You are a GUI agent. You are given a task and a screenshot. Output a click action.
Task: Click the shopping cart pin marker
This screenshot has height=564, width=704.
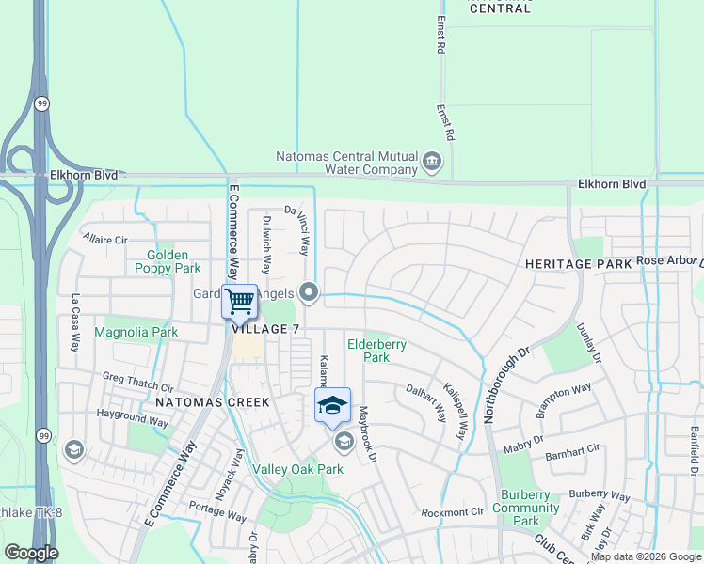[239, 301]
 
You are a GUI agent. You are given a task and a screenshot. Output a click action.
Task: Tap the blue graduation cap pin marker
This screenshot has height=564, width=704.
[331, 405]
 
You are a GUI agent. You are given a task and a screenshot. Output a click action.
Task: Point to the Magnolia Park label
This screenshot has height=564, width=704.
[136, 332]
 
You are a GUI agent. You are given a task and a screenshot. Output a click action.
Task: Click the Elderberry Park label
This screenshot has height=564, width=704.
[376, 351]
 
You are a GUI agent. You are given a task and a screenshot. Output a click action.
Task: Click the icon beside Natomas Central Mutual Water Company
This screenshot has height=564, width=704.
[432, 162]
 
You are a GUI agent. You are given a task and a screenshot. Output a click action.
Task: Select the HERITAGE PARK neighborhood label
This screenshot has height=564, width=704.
[578, 264]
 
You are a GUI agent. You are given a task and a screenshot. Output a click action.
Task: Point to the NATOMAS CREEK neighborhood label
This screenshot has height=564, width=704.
[213, 401]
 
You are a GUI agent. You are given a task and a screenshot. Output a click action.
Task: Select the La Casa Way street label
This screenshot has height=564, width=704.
[76, 323]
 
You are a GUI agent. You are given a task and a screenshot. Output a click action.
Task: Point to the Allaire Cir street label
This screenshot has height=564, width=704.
[105, 240]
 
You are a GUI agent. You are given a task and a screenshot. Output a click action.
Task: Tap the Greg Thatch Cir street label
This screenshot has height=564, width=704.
[138, 383]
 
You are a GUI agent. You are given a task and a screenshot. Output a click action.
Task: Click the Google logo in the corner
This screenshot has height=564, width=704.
[31, 553]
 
